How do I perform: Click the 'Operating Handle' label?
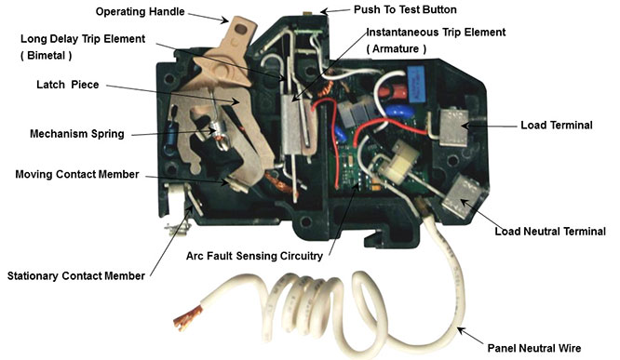(x=140, y=11)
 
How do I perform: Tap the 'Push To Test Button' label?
(x=405, y=9)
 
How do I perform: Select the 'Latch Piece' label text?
(x=68, y=85)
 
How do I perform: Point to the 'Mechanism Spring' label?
(x=77, y=134)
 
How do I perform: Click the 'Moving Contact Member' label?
(x=77, y=174)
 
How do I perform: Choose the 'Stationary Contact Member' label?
(x=76, y=276)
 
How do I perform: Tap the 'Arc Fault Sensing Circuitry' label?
(x=254, y=256)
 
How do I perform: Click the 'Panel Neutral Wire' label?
(x=534, y=348)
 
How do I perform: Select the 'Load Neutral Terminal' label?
(x=550, y=232)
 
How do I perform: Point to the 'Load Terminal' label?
(x=557, y=126)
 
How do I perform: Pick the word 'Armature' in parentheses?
(x=396, y=48)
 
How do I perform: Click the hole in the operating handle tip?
(x=240, y=29)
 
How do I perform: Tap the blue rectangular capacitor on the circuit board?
(x=415, y=84)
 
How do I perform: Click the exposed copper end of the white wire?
(x=187, y=318)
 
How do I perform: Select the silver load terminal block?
(x=454, y=127)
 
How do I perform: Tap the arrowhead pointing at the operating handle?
(x=224, y=20)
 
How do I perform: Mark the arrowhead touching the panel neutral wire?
(x=463, y=331)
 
